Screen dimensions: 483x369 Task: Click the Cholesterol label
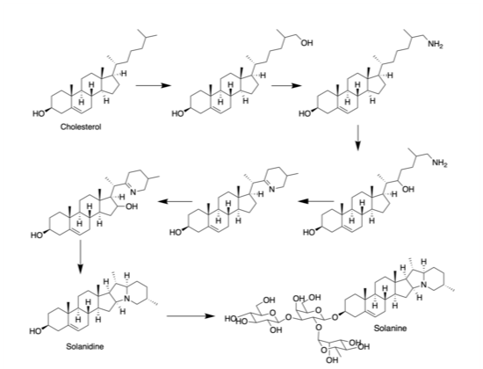click(81, 127)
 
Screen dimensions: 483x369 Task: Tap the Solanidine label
click(85, 346)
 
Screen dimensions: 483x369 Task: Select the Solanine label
click(390, 329)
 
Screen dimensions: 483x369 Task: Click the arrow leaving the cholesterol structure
click(153, 85)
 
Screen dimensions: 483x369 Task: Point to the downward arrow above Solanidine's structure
click(80, 257)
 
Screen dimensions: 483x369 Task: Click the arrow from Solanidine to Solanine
click(191, 316)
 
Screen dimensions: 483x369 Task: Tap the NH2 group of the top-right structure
click(436, 45)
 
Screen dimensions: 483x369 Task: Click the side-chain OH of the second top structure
click(306, 43)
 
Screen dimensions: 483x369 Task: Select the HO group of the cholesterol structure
click(39, 113)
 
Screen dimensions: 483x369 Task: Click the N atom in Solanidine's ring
click(126, 298)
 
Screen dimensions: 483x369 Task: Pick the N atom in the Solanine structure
click(424, 286)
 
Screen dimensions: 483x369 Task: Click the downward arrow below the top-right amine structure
click(357, 137)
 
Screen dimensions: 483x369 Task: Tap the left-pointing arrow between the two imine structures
click(176, 201)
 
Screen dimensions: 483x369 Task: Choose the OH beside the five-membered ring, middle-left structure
click(132, 206)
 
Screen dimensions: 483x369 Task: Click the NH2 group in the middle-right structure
click(440, 163)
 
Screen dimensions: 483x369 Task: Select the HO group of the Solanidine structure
click(36, 331)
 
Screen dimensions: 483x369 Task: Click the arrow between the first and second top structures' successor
click(286, 85)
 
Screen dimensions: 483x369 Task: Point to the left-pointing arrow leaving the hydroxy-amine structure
click(316, 201)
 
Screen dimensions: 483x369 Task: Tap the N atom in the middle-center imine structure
click(272, 189)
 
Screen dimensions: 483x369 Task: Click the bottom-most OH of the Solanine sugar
click(332, 359)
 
